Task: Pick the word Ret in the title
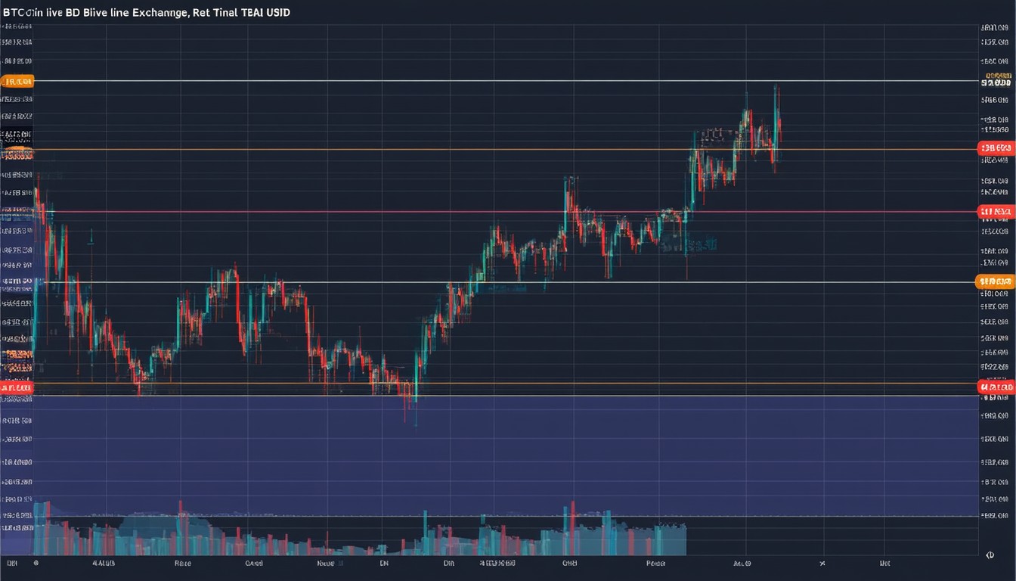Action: click(202, 13)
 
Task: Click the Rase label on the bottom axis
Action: click(182, 564)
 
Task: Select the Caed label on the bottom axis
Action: click(253, 564)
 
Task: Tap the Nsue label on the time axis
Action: click(326, 564)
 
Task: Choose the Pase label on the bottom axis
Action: click(655, 564)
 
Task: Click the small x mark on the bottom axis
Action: click(822, 564)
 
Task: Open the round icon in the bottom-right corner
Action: click(990, 555)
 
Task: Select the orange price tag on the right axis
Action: click(995, 281)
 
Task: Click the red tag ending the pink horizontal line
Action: click(995, 211)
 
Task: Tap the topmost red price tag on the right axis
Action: click(995, 149)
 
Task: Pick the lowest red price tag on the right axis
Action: click(995, 387)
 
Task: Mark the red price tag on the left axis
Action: click(17, 387)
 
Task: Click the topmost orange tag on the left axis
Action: click(17, 81)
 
